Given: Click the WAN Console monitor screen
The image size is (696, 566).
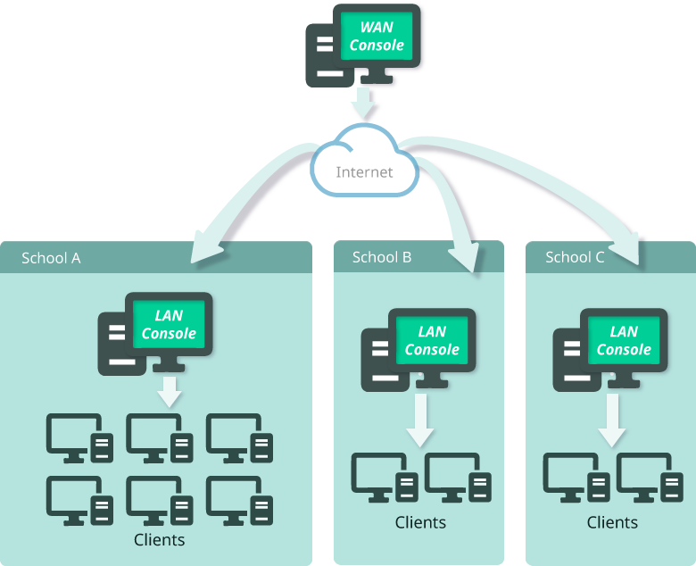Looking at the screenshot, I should tap(377, 37).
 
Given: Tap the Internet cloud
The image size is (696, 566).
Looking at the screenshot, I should tap(364, 166).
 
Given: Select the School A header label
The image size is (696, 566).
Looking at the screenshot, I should tap(51, 258).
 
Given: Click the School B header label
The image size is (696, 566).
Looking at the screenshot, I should tap(382, 257).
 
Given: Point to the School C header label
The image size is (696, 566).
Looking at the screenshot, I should tap(575, 257).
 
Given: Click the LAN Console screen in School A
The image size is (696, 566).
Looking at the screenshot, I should tap(169, 324).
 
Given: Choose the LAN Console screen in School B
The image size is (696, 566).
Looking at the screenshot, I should tap(432, 340).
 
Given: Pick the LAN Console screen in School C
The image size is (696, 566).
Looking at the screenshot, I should tap(624, 340).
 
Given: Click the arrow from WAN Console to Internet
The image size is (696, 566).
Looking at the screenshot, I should tap(365, 104).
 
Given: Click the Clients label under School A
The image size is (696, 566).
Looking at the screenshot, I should tap(159, 539).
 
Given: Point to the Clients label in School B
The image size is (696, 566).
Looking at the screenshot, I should tap(420, 522).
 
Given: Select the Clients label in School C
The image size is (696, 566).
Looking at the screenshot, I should tap(612, 522).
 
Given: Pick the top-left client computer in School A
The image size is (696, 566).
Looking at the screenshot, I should tap(79, 438).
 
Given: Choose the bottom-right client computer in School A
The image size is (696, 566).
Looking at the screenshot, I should tap(239, 500).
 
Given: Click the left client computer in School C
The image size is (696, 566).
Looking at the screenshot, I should tap(576, 478).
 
